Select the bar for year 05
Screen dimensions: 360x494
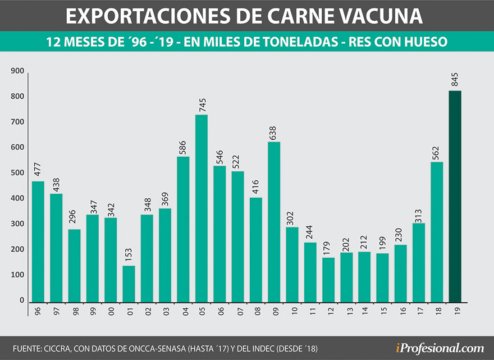[202, 208]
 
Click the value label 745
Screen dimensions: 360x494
[202, 104]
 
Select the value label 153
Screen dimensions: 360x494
[129, 255]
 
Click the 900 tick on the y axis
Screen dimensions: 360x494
[18, 71]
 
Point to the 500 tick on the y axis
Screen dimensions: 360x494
[18, 173]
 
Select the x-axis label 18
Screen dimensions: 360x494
[437, 311]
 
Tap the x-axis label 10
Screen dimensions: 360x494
[292, 311]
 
